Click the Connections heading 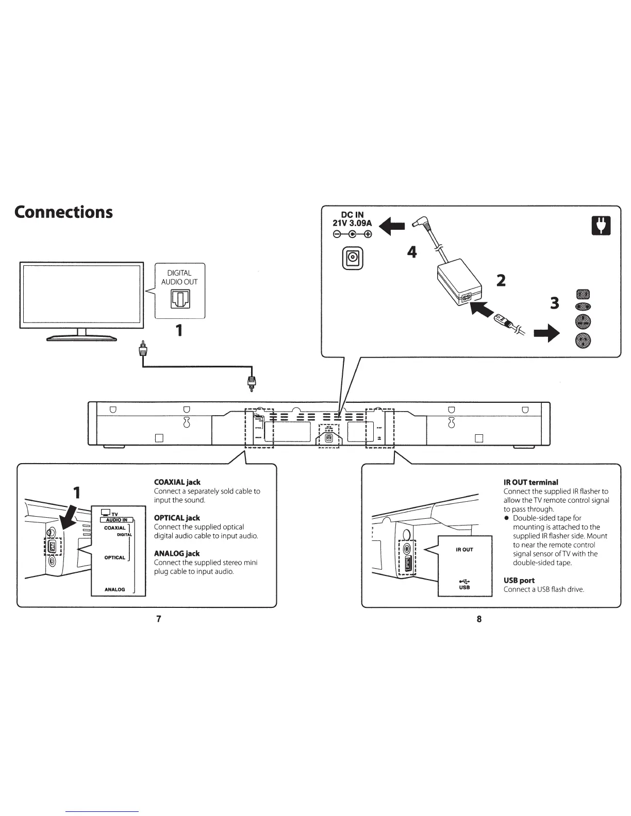(x=63, y=212)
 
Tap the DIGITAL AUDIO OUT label (x=179, y=277)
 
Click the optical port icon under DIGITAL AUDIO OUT (x=180, y=299)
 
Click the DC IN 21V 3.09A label (x=353, y=220)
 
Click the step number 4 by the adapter (x=411, y=252)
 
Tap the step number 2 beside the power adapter (x=501, y=280)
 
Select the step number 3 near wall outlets (x=554, y=303)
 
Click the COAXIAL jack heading (x=177, y=482)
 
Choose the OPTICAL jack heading (x=177, y=518)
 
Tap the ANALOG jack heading (x=177, y=553)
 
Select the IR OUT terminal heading (x=530, y=482)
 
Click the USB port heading (x=519, y=580)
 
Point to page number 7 (x=159, y=619)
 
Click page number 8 (x=479, y=619)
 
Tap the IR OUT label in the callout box (x=464, y=550)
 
